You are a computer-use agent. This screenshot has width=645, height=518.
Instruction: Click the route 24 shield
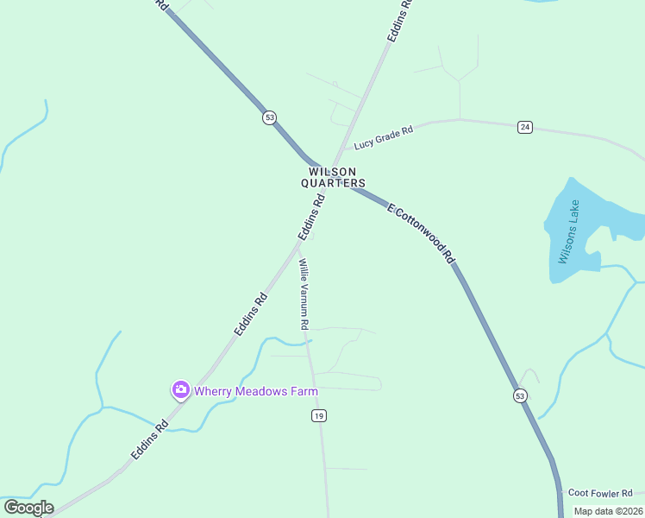525,128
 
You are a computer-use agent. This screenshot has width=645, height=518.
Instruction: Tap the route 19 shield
319,416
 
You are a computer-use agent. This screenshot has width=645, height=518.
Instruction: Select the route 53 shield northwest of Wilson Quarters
270,117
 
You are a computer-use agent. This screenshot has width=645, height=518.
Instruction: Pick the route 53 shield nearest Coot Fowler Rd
520,395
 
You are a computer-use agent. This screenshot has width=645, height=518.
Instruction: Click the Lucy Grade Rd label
384,136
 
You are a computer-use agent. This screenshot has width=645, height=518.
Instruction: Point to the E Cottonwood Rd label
420,232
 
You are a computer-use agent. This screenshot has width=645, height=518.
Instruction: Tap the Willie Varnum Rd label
303,294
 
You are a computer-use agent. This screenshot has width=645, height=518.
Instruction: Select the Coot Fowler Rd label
600,493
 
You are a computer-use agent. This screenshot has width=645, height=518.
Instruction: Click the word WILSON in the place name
333,172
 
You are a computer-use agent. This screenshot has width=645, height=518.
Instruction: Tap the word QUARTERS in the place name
333,183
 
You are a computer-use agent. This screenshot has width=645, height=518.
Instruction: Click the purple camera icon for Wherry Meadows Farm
180,390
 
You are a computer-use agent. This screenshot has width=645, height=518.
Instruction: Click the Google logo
28,508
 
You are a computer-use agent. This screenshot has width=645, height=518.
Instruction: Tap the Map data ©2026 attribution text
607,510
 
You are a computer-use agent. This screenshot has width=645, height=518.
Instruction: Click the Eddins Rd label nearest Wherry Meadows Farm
150,439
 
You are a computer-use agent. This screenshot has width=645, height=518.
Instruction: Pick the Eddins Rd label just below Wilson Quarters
311,218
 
